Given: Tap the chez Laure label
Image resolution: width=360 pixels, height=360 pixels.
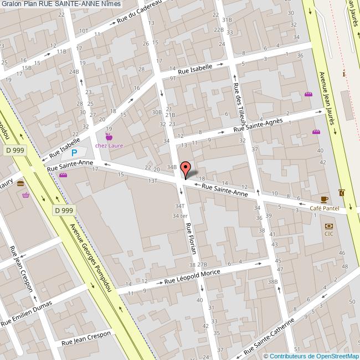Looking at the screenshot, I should [109, 146].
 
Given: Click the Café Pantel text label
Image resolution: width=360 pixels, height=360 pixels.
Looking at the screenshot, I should [323, 208].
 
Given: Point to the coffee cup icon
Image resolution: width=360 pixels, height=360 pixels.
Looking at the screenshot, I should [325, 199].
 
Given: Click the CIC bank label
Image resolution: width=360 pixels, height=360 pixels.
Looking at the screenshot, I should [328, 233].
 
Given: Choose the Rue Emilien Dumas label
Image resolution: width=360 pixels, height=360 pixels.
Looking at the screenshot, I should [26, 313].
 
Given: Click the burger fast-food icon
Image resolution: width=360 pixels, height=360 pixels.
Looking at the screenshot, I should [20, 183].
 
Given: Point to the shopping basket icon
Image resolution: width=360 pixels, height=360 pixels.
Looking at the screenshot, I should [25, 195].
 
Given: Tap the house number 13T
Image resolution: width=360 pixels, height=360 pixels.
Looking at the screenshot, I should [153, 180].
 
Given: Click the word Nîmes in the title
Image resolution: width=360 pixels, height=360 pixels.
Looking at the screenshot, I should [111, 4].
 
